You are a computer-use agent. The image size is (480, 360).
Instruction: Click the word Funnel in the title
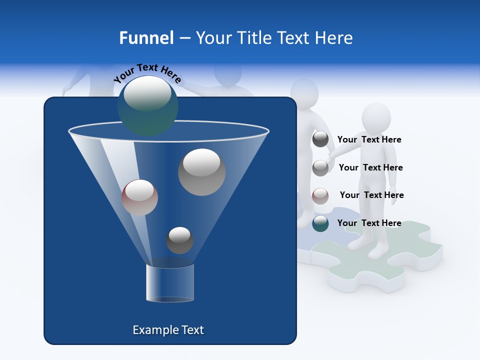[146, 38]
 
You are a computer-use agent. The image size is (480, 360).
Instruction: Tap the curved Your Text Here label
[147, 73]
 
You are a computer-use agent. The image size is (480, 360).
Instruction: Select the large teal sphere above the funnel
[147, 105]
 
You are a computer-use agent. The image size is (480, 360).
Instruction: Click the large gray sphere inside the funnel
[201, 172]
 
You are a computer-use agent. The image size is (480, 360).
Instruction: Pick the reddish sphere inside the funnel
[139, 197]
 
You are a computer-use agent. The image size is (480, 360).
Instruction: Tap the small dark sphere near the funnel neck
[179, 240]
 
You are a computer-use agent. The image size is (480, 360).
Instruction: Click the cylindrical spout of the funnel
[169, 283]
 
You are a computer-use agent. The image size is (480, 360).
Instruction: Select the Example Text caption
[168, 330]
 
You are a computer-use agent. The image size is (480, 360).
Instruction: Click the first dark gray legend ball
[320, 139]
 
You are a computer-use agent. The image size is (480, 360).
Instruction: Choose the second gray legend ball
[320, 168]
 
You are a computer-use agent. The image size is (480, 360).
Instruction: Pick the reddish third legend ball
[320, 196]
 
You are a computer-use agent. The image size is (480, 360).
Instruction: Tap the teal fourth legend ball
[320, 223]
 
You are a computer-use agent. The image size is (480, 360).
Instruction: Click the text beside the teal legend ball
[369, 223]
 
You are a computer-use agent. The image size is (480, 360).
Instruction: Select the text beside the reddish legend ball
[371, 195]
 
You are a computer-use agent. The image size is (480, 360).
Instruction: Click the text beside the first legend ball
[369, 139]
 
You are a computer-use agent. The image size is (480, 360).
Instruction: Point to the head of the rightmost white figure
[375, 117]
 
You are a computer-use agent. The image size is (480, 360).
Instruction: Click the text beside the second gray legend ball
[370, 167]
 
